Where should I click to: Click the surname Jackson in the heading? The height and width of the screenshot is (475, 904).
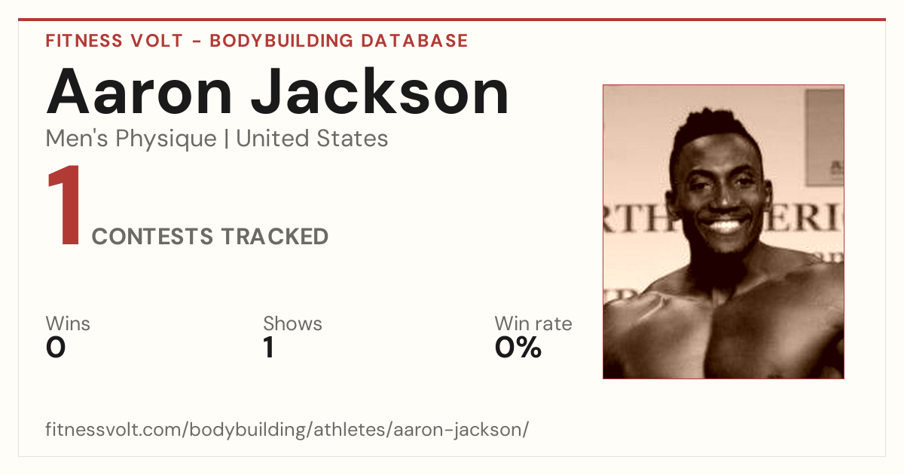pos(380,91)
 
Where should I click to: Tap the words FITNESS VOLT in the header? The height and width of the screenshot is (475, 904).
pos(115,41)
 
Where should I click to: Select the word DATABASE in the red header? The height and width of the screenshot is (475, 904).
pos(414,41)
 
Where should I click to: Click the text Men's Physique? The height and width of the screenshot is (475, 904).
pos(131,139)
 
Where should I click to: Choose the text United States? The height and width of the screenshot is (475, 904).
pos(312,139)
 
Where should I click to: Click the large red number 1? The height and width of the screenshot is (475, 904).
pos(65,205)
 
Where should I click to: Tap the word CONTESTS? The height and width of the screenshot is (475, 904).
pos(152,236)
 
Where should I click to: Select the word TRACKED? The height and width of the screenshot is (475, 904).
pos(275,236)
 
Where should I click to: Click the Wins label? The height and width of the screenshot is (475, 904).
pos(68,323)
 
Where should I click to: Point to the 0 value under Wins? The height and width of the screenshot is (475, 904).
pos(56,348)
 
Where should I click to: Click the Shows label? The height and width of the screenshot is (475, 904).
pos(292,323)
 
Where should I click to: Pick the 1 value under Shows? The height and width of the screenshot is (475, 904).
pos(269,348)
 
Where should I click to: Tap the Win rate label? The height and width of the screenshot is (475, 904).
pos(533,323)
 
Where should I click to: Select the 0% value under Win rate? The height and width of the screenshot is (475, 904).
pos(518,348)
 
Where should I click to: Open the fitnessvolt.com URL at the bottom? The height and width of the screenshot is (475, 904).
pos(287,430)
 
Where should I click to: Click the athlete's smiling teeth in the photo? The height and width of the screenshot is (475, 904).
pos(725,225)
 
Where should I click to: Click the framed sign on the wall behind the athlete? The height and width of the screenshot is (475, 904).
pos(824,137)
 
